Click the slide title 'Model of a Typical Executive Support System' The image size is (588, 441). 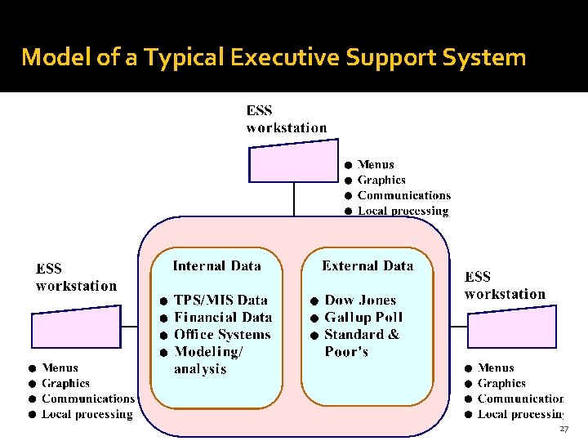point(274,57)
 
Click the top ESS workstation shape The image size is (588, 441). point(292,162)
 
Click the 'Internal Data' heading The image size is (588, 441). point(216,265)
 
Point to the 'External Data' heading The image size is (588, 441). point(367,265)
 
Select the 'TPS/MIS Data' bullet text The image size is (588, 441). point(220,301)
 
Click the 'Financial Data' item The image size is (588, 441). point(223,318)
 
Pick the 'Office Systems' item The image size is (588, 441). point(222,335)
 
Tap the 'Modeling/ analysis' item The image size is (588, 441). point(208,360)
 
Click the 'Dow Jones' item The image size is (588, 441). point(360,301)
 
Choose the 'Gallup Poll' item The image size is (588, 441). point(363,318)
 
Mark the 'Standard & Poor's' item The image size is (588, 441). point(361,343)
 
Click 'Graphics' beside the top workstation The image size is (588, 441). point(381,180)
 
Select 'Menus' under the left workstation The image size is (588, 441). point(60,368)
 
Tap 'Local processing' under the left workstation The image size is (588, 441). point(87,415)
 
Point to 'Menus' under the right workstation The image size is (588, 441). point(496,368)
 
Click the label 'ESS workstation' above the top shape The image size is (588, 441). point(286,119)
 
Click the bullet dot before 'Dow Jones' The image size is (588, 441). point(314,301)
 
